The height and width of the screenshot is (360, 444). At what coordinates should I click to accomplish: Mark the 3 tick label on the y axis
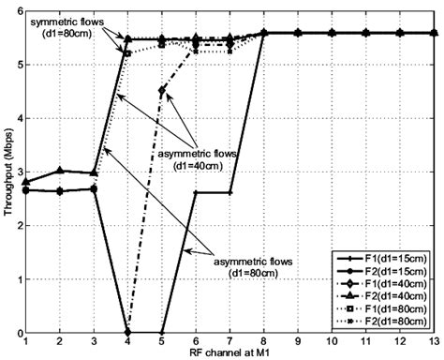pyautogui.click(x=19, y=172)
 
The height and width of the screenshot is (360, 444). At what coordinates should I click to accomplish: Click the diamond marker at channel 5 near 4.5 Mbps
pyautogui.click(x=162, y=91)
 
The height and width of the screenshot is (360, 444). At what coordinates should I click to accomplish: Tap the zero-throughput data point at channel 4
pyautogui.click(x=128, y=333)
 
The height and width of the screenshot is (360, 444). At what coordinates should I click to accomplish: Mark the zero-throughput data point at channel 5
pyautogui.click(x=162, y=333)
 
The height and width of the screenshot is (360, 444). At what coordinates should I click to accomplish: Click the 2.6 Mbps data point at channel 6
pyautogui.click(x=196, y=192)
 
